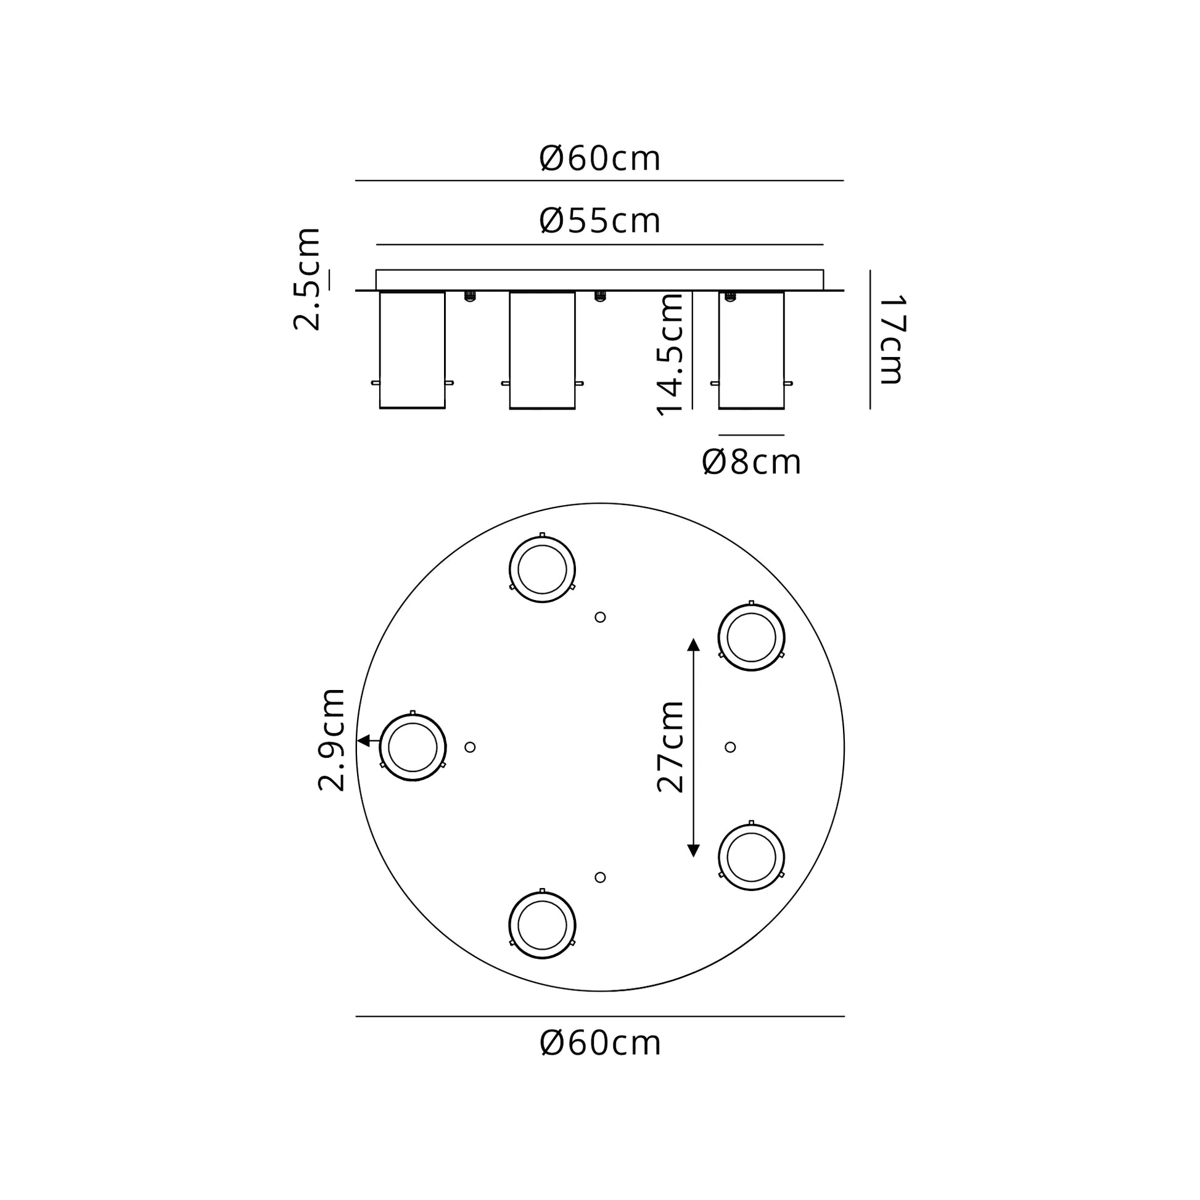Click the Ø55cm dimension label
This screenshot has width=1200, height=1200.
pos(600,221)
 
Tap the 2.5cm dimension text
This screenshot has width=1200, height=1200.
pos(307,279)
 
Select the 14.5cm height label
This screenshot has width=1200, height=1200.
pos(670,354)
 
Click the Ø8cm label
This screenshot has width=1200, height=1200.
pos(752,462)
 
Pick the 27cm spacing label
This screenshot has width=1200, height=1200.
pos(670,747)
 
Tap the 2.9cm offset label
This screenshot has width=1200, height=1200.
pos(331,739)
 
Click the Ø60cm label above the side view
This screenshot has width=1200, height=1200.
pos(600,159)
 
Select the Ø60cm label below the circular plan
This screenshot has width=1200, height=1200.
pos(600,1043)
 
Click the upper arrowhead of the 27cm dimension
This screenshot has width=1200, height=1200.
pos(694,644)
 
